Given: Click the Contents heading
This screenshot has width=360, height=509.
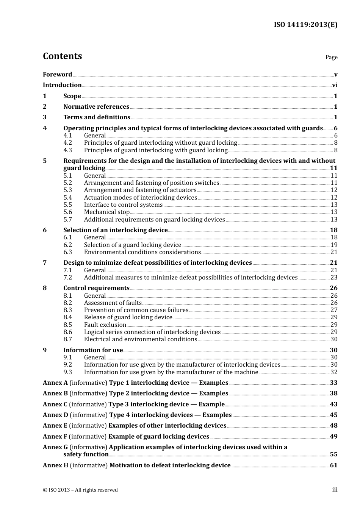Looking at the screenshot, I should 62,56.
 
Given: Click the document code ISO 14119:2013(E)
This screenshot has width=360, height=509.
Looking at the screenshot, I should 305,25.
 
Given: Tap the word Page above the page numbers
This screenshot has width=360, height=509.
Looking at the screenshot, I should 331,57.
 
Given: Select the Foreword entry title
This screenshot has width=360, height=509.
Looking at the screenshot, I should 57,75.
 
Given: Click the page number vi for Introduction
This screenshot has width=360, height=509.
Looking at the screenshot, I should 335,85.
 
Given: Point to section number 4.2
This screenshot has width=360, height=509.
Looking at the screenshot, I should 67,143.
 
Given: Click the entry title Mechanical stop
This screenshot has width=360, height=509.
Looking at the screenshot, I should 106,212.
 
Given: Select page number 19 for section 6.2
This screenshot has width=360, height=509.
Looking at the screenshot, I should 334,245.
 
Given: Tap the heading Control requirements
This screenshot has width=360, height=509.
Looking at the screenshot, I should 96,288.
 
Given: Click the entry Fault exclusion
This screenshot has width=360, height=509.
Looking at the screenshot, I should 105,325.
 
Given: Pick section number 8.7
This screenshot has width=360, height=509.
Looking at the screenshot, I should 67,339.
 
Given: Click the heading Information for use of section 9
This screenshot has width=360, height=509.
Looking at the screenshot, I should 93,350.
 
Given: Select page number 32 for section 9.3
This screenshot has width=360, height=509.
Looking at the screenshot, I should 334,372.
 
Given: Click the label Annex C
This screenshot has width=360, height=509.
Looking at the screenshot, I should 55,404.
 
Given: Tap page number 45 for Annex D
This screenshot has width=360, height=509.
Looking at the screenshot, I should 333,415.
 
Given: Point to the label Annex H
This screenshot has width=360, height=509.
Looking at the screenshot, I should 55,465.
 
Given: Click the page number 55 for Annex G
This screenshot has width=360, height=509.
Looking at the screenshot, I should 333,454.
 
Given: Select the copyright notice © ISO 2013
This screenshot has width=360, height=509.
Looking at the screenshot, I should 80,490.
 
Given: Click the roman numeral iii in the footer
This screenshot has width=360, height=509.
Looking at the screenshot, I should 335,490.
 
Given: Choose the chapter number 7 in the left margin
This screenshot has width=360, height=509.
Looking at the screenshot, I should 45,263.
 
